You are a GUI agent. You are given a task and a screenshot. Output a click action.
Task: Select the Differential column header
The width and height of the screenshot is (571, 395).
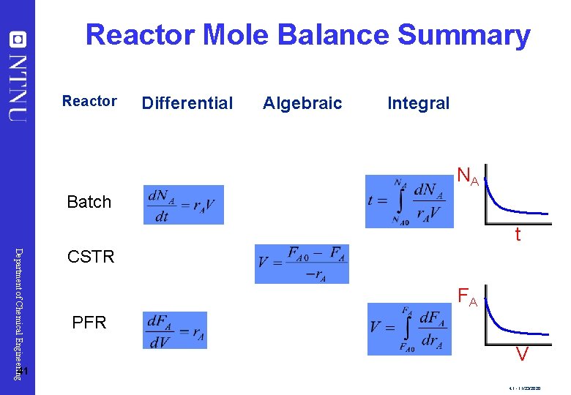pos(187,103)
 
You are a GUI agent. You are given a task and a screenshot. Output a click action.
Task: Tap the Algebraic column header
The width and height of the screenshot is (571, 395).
pos(302,103)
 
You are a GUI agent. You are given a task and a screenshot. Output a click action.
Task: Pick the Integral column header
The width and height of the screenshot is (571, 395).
pos(418,103)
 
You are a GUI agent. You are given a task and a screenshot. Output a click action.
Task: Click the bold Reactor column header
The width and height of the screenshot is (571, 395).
pos(89,101)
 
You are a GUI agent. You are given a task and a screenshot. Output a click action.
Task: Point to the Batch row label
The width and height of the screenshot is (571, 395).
pos(89,201)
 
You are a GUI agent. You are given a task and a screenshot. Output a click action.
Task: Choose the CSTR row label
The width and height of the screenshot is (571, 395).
pos(91,257)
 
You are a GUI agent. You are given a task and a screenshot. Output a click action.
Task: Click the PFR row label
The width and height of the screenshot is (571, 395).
pos(89,321)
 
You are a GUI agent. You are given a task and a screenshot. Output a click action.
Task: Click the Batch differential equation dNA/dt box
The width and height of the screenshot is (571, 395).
pos(184,205)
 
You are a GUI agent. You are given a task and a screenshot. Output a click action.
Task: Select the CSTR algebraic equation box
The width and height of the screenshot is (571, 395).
pos(302,263)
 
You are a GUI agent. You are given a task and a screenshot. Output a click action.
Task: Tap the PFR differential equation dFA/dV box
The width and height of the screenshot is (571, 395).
pos(176,330)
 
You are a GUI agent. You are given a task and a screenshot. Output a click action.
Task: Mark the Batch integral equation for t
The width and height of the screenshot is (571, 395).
pos(409,201)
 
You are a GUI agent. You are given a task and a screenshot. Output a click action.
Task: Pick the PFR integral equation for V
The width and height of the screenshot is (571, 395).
pos(410,328)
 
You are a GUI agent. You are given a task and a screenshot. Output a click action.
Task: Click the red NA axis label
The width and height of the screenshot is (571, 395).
pos(468,176)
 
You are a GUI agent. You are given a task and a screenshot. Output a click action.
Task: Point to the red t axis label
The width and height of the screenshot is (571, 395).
pos(518,235)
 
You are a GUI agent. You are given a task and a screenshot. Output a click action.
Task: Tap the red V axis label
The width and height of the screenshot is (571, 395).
pos(522,355)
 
